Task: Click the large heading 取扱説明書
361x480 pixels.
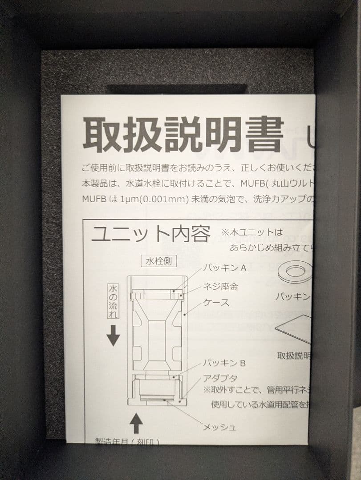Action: (x=183, y=135)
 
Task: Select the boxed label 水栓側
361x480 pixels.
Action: (x=158, y=261)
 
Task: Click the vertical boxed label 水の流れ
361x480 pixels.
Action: (x=113, y=301)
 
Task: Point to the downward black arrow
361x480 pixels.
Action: (x=113, y=336)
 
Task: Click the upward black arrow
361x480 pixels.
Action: (x=136, y=424)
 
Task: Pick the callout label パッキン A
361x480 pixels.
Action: (x=225, y=268)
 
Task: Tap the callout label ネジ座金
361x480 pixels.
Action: (x=220, y=287)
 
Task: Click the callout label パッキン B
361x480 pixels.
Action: (x=224, y=363)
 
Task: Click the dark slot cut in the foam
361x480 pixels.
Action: (x=178, y=89)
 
